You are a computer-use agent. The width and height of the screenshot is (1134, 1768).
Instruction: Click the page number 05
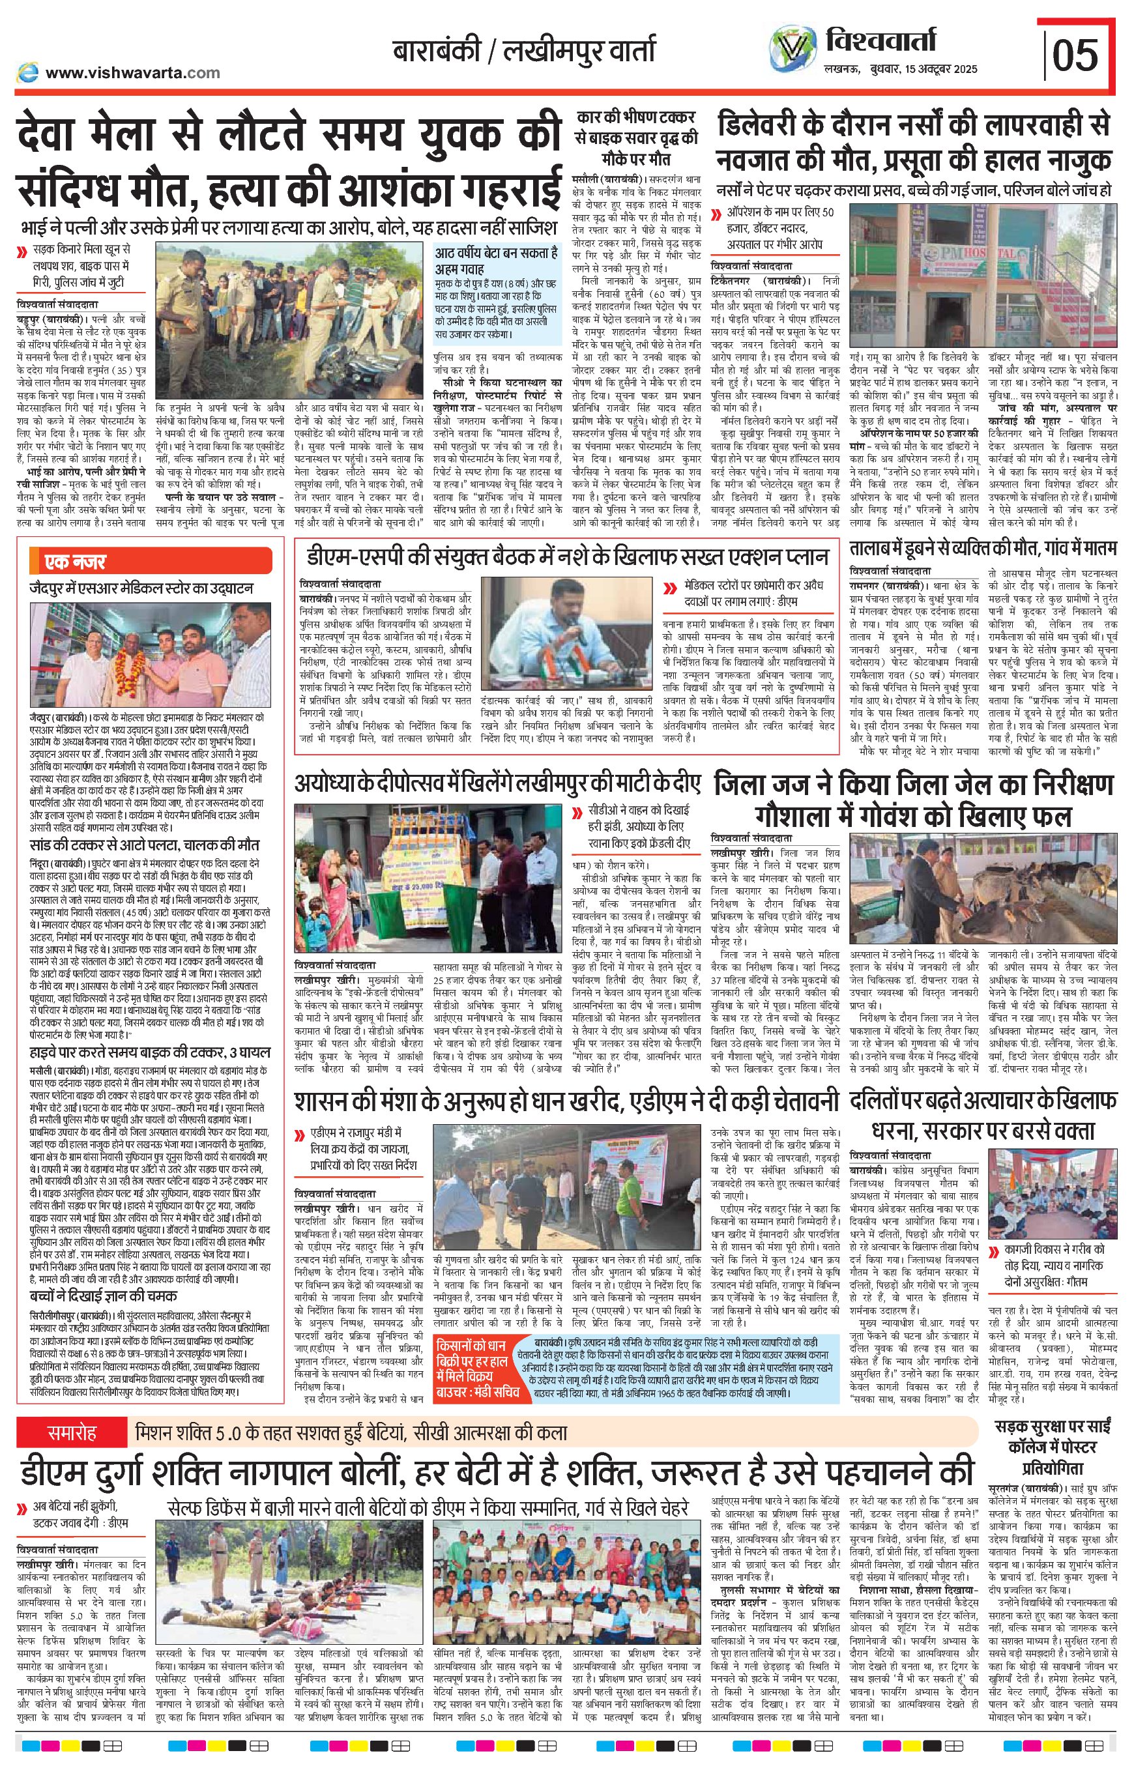coord(1076,55)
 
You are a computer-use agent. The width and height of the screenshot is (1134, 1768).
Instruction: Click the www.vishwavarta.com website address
coord(132,72)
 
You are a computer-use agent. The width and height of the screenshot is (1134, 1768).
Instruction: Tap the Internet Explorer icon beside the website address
coord(28,72)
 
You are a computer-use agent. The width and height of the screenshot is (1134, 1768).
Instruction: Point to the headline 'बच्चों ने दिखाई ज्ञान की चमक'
coord(103,1296)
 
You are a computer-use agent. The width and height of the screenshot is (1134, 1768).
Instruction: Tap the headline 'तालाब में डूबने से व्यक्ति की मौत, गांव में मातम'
coord(983,548)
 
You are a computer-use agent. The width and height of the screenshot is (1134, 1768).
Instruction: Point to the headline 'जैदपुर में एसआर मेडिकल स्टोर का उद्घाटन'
coord(141,588)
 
